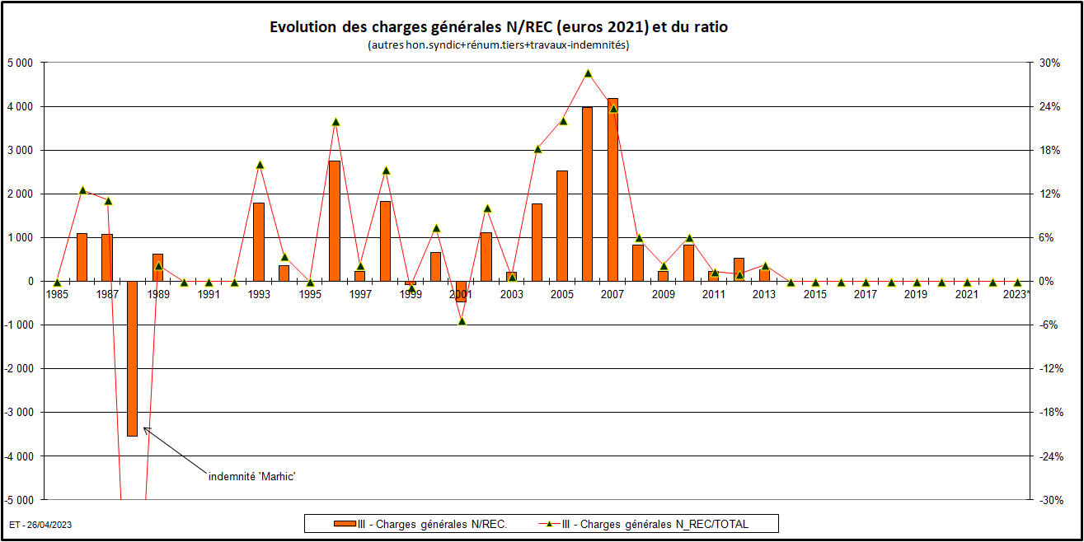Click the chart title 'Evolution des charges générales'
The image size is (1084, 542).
[499, 27]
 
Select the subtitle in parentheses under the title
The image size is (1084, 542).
[499, 45]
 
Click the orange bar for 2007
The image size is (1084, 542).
[612, 189]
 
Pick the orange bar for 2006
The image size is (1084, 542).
[587, 194]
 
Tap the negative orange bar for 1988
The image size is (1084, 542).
[132, 358]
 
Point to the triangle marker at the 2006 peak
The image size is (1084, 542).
[588, 73]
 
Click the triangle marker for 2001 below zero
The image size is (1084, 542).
[462, 320]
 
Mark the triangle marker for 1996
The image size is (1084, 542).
[336, 122]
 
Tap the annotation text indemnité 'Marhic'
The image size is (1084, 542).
[251, 476]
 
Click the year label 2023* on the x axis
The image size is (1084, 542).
[1016, 294]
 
